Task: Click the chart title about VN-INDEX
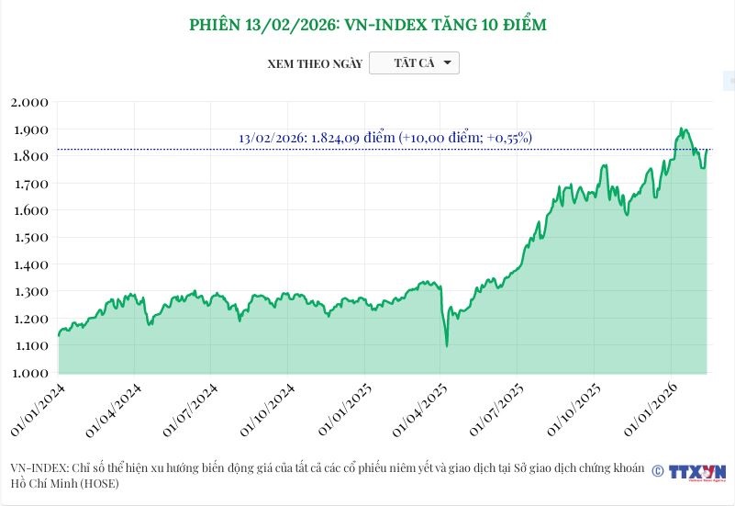pyautogui.click(x=367, y=25)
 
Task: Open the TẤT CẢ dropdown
pyautogui.click(x=414, y=63)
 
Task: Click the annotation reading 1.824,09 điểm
pyautogui.click(x=385, y=138)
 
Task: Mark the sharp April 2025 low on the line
pyautogui.click(x=447, y=345)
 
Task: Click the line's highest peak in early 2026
pyautogui.click(x=682, y=129)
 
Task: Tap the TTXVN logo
pyautogui.click(x=696, y=472)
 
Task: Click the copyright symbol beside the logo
pyautogui.click(x=657, y=470)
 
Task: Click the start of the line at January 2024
pyautogui.click(x=59, y=335)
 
